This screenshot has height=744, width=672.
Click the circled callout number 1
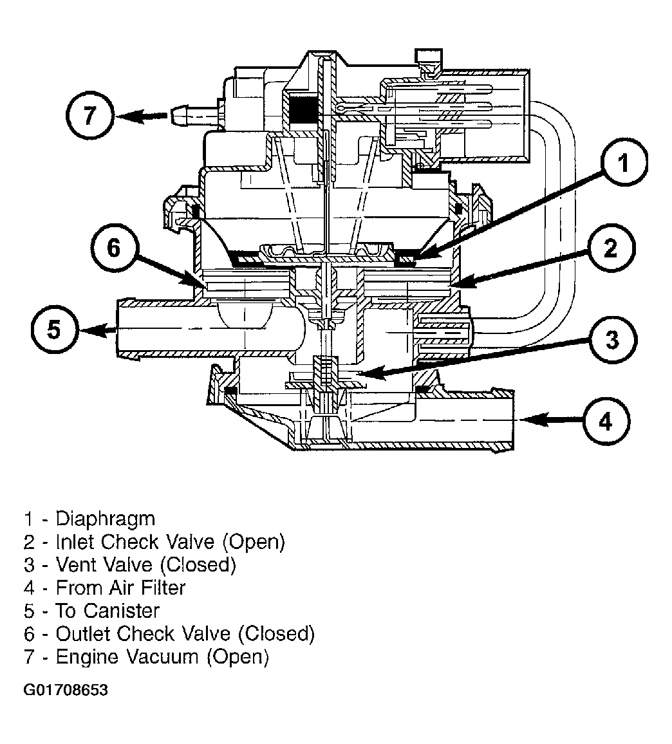[624, 163]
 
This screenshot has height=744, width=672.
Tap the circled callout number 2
[611, 248]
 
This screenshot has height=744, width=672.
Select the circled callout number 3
[612, 340]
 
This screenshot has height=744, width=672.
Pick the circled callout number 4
[606, 422]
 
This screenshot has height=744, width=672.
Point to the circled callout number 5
[54, 330]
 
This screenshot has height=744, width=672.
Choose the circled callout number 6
[114, 248]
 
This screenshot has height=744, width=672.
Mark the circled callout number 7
[89, 116]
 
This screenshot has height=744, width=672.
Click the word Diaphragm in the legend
[106, 519]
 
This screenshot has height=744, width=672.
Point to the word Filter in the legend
[159, 588]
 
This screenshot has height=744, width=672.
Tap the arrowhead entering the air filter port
[532, 420]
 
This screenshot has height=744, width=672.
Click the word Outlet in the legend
[84, 634]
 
